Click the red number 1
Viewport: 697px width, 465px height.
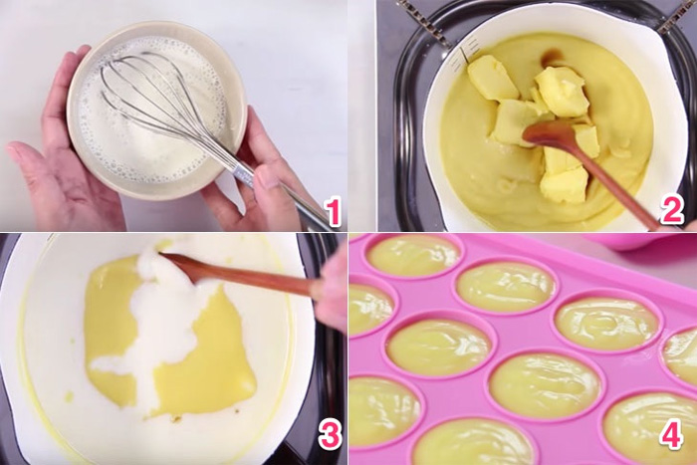[x=332, y=212]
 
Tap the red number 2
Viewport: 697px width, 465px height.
[x=672, y=209]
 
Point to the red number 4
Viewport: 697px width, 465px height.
[x=671, y=436]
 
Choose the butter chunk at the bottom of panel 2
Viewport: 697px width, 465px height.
[x=566, y=184]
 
